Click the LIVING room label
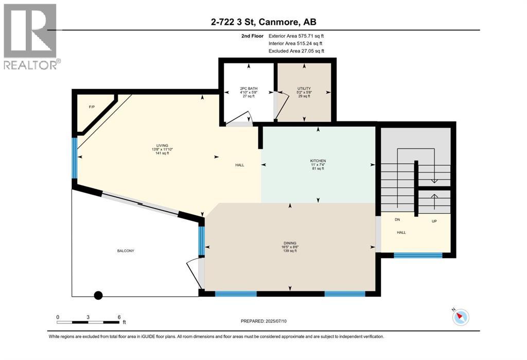pyautogui.click(x=163, y=145)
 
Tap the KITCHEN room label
pyautogui.click(x=318, y=161)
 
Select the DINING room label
pyautogui.click(x=289, y=243)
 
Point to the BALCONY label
pyautogui.click(x=125, y=251)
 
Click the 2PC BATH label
pyautogui.click(x=248, y=89)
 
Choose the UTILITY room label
pyautogui.click(x=304, y=89)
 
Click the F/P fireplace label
pyautogui.click(x=92, y=107)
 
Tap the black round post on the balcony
pyautogui.click(x=98, y=296)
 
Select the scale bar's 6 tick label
pyautogui.click(x=118, y=317)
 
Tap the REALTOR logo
pyautogui.click(x=30, y=36)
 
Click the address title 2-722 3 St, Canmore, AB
pyautogui.click(x=263, y=22)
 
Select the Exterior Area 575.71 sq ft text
pyautogui.click(x=296, y=36)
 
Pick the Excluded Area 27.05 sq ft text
pyautogui.click(x=296, y=51)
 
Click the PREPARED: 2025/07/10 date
pyautogui.click(x=263, y=321)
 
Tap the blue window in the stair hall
pyautogui.click(x=417, y=255)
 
